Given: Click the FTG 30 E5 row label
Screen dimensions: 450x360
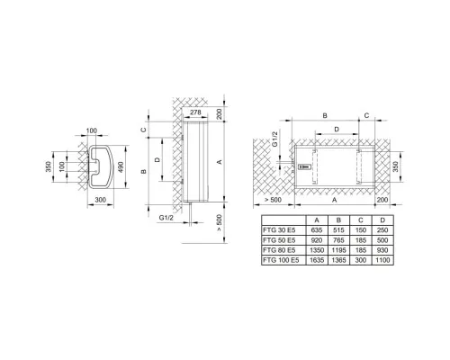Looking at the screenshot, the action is click(279, 230).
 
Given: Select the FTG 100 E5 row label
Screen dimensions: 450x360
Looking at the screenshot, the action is click(281, 260).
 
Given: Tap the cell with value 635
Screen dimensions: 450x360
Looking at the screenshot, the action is click(317, 230).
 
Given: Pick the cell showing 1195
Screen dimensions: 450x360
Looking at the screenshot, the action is click(338, 250).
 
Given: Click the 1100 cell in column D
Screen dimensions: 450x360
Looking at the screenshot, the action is click(382, 260).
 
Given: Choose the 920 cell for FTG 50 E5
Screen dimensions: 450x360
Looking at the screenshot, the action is click(317, 240).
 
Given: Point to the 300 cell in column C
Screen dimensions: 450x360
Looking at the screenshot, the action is click(361, 260).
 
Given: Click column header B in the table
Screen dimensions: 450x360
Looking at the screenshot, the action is click(338, 220).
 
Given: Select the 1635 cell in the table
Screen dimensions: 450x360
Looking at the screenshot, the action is click(317, 260).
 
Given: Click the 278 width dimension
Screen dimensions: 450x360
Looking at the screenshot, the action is click(195, 112).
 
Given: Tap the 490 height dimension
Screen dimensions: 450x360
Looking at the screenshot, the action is click(121, 167).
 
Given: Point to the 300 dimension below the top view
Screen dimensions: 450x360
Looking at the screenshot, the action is click(100, 200).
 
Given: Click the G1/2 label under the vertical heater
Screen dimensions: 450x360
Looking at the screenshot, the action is click(166, 218).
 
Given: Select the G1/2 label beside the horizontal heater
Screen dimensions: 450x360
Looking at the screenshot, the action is click(275, 139).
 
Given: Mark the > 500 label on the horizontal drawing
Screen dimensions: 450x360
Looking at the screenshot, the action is click(273, 200).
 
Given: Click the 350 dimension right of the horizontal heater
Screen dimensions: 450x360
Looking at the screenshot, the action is click(395, 166).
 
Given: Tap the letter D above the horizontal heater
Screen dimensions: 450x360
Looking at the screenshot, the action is click(337, 130).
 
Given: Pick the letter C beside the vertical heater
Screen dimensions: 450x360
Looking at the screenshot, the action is click(144, 130).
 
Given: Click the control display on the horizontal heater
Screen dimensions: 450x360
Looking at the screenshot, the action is click(304, 166).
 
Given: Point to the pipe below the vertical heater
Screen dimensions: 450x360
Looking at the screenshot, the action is click(190, 214).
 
